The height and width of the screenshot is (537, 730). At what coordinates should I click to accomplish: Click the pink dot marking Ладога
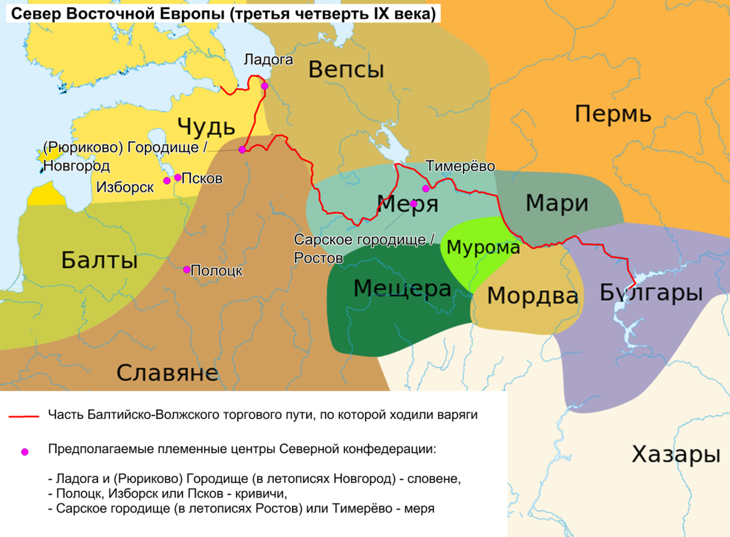pyautogui.click(x=265, y=86)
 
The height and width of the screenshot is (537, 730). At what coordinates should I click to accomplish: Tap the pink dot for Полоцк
pyautogui.click(x=187, y=269)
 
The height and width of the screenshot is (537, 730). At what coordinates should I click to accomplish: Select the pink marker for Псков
pyautogui.click(x=178, y=177)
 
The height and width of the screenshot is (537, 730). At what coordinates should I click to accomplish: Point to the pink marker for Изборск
pyautogui.click(x=167, y=180)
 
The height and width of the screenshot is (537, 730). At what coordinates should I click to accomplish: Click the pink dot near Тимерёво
pyautogui.click(x=426, y=188)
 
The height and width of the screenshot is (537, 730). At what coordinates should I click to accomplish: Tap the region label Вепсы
pyautogui.click(x=346, y=70)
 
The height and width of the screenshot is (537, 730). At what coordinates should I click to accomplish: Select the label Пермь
pyautogui.click(x=613, y=114)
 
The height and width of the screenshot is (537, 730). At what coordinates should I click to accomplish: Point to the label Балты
pyautogui.click(x=99, y=261)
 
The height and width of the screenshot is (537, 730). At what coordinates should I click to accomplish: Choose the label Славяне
pyautogui.click(x=167, y=372)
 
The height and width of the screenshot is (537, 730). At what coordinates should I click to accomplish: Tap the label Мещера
pyautogui.click(x=402, y=289)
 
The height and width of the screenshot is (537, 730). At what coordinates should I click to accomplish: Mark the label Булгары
pyautogui.click(x=651, y=293)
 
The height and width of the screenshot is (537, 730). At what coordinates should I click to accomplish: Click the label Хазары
pyautogui.click(x=675, y=454)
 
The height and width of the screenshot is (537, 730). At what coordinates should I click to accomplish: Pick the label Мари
pyautogui.click(x=557, y=203)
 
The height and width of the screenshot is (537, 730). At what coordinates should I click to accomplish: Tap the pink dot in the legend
pyautogui.click(x=24, y=451)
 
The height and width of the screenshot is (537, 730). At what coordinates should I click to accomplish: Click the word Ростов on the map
pyautogui.click(x=318, y=258)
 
